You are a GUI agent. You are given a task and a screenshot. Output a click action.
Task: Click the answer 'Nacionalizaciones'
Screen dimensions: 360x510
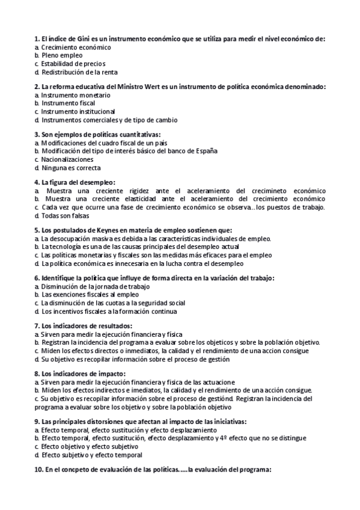[67, 159]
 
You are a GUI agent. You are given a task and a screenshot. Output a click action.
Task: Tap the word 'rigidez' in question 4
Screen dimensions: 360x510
[150, 191]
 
